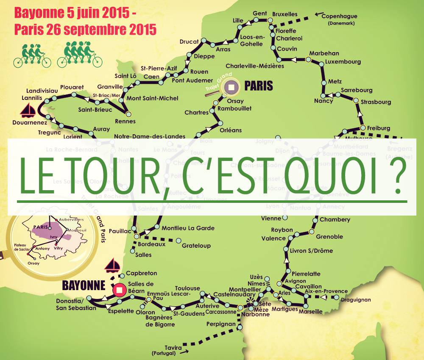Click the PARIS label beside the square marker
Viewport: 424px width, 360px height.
pos(258,86)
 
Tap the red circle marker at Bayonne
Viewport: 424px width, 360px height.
pos(120,290)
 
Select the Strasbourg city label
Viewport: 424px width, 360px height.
pos(376,102)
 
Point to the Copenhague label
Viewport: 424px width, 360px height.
pos(339,17)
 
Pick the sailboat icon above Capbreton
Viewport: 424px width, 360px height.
pos(113,265)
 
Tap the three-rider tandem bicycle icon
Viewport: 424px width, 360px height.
pos(32,56)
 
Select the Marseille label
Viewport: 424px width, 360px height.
pos(310,312)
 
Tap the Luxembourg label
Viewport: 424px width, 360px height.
pos(343,62)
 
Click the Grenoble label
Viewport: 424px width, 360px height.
pos(329,236)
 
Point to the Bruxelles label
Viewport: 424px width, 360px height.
pos(285,14)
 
